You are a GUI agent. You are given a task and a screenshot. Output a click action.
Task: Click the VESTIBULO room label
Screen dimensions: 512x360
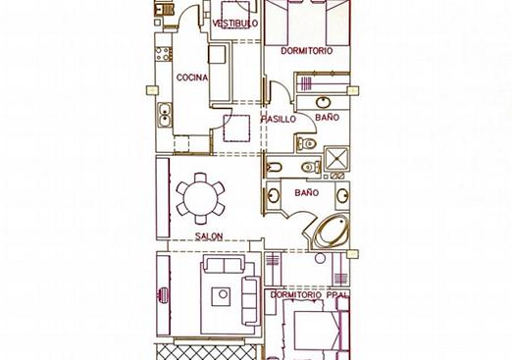[x=235, y=24]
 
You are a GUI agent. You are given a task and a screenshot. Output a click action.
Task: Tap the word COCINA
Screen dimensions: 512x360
[x=192, y=77]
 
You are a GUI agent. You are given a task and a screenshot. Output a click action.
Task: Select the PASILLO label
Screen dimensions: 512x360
[x=279, y=119]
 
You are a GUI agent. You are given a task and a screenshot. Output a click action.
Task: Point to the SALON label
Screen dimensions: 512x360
[x=209, y=236]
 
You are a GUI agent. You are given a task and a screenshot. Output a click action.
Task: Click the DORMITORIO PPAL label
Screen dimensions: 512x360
[x=309, y=295]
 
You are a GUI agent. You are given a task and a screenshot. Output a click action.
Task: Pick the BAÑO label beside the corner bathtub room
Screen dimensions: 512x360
[x=307, y=193]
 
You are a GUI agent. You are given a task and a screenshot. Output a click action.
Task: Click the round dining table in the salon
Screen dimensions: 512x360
[x=200, y=198]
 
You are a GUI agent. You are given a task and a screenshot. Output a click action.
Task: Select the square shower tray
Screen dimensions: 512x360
[x=336, y=159]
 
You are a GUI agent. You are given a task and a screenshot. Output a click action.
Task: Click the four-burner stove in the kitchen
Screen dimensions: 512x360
[x=163, y=54]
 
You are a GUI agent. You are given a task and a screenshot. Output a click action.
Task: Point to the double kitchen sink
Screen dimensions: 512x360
[x=164, y=115]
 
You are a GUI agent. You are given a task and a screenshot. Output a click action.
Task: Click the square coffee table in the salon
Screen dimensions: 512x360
[x=221, y=296]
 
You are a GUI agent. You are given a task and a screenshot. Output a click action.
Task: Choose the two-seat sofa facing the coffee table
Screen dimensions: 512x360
[x=225, y=265]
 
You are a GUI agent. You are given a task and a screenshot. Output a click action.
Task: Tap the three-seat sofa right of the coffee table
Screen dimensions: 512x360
[x=251, y=301]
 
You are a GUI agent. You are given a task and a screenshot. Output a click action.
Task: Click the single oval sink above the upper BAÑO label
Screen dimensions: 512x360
[x=324, y=102]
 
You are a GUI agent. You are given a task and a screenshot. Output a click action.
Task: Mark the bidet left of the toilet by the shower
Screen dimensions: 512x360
[x=274, y=167]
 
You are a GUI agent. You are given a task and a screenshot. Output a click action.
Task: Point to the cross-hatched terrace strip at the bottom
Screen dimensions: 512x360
[x=207, y=352]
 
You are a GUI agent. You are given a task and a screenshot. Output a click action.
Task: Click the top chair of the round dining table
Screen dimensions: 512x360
[x=200, y=178]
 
